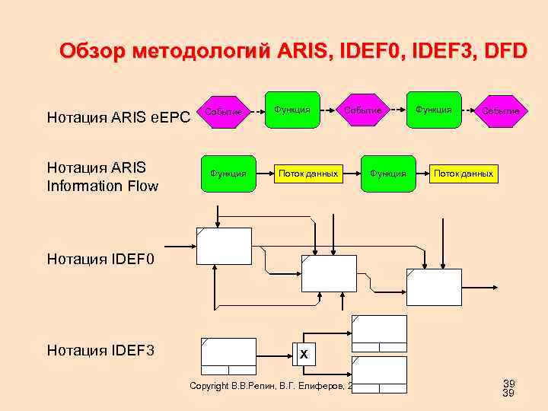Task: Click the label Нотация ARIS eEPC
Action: (118, 118)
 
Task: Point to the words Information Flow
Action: (103, 184)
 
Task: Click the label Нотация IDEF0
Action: (100, 260)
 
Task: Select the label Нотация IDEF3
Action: (100, 350)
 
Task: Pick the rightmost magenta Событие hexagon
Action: (500, 110)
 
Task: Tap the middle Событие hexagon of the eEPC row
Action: (362, 110)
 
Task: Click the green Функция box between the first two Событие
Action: (292, 110)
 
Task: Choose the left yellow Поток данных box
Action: (307, 174)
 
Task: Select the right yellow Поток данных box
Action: (464, 174)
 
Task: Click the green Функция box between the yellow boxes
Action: (388, 174)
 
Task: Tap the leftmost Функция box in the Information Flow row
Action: (228, 174)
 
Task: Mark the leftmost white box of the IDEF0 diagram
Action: (224, 246)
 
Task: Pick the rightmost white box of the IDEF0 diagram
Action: (434, 286)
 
